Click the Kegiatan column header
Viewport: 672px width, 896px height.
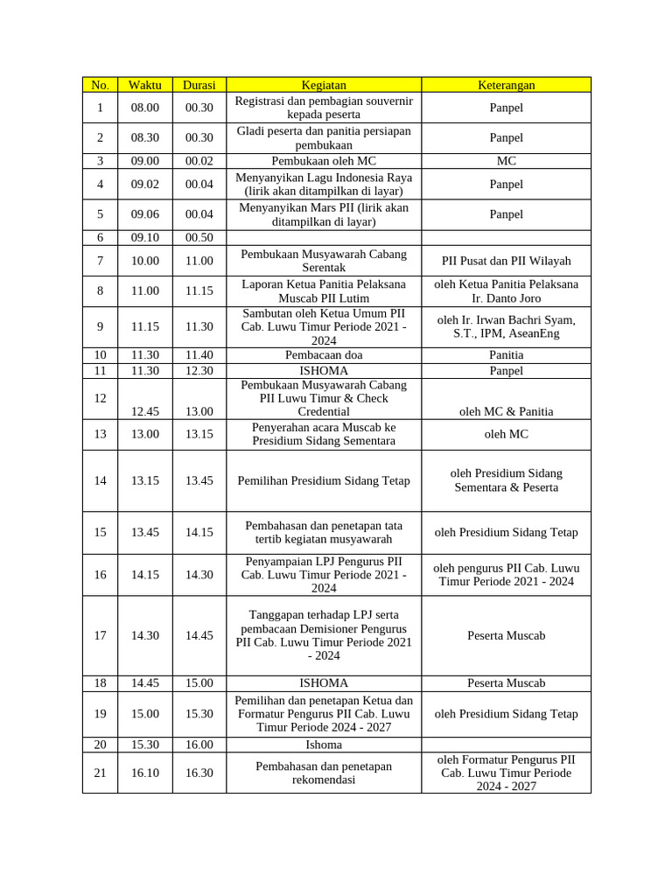pyautogui.click(x=324, y=85)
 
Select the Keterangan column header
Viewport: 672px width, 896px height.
pyautogui.click(x=506, y=85)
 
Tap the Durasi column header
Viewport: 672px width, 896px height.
pyautogui.click(x=199, y=85)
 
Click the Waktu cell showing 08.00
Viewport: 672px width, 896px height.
pyautogui.click(x=145, y=108)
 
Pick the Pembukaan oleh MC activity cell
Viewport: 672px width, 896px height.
pyautogui.click(x=324, y=161)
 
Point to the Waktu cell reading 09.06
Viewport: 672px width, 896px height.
pyautogui.click(x=145, y=214)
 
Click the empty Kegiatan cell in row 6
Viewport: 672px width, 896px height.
pyautogui.click(x=324, y=237)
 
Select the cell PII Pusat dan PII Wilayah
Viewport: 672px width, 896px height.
pyautogui.click(x=506, y=261)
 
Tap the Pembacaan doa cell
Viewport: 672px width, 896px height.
pyautogui.click(x=324, y=355)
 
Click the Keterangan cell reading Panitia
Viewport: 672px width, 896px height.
pyautogui.click(x=506, y=355)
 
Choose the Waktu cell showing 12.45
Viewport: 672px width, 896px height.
pyautogui.click(x=145, y=411)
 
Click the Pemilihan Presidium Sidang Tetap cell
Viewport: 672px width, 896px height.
pyautogui.click(x=324, y=480)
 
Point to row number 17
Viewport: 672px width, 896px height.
pyautogui.click(x=100, y=635)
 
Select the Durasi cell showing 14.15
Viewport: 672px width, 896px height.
pyautogui.click(x=199, y=532)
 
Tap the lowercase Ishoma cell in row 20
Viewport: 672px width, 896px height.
pyautogui.click(x=324, y=745)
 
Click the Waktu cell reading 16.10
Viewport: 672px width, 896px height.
pyautogui.click(x=145, y=773)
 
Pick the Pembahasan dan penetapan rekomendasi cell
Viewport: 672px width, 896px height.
pyautogui.click(x=324, y=773)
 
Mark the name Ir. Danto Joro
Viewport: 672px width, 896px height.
pyautogui.click(x=506, y=298)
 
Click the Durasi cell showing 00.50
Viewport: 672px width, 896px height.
pyautogui.click(x=199, y=237)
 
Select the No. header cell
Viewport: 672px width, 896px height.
pyautogui.click(x=100, y=85)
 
